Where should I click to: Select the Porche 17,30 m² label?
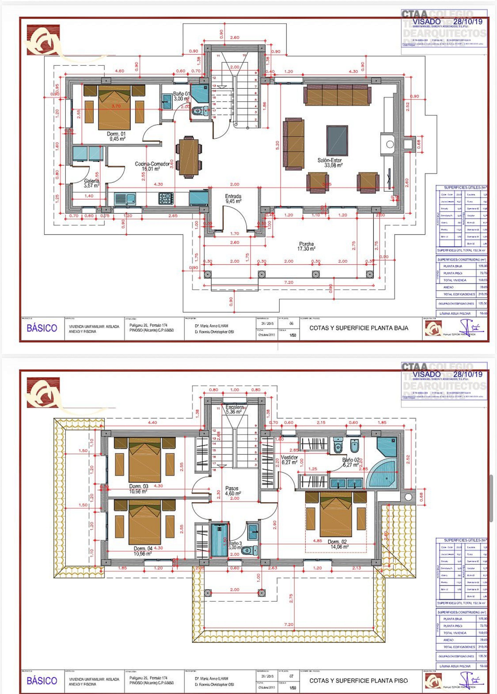[x=306, y=246]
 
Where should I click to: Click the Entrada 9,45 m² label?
[x=233, y=199]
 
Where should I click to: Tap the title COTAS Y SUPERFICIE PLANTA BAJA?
[x=359, y=328]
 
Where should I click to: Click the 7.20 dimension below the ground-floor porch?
[x=288, y=282]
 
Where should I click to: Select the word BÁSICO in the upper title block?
[x=42, y=328]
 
